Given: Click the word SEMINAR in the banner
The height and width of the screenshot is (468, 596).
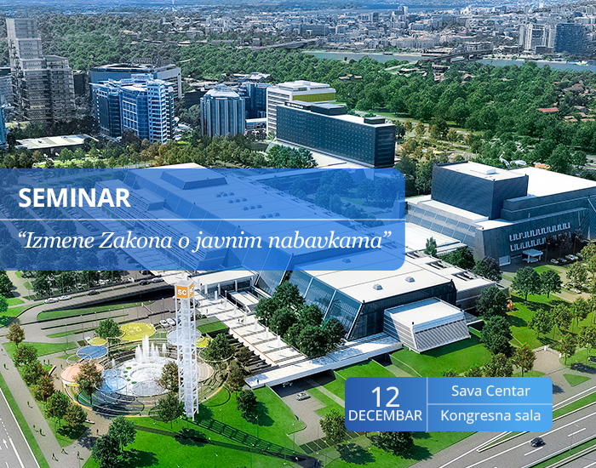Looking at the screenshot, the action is coord(74,197).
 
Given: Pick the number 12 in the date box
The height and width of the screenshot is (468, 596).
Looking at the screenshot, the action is coord(386,397).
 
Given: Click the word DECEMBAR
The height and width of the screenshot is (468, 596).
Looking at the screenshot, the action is coord(385,415).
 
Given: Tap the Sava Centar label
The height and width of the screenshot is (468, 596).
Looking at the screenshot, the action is coord(490,391).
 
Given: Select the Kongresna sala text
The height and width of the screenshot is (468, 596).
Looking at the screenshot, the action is coord(490,415).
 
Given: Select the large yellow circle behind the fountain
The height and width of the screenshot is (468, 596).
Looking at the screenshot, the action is coord(137,331).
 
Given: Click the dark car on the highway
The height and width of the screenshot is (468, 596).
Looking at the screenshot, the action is coord(537,442).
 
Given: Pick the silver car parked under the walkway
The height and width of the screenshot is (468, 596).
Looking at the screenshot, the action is coord(303,397).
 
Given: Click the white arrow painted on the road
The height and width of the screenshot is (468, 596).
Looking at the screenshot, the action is coord(5,443).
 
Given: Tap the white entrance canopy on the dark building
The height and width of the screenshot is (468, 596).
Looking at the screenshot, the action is coord(532,254).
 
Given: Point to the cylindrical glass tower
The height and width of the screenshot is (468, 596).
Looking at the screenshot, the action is coord(222,111).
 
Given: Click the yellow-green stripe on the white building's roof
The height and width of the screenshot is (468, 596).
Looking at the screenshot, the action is coord(314,98).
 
